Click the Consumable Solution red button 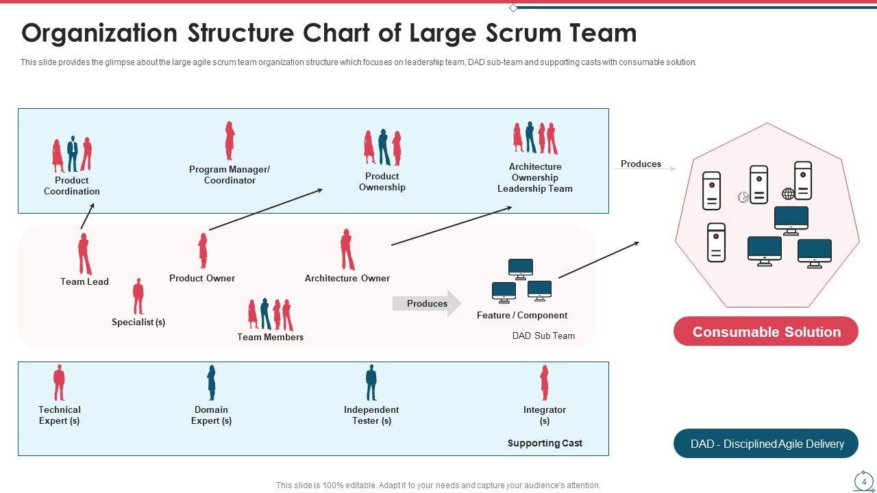(x=766, y=331)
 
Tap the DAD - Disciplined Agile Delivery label (x=766, y=444)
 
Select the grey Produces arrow (x=427, y=303)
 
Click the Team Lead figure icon (x=84, y=253)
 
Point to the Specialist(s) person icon (x=138, y=296)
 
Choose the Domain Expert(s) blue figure (x=212, y=383)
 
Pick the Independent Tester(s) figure (x=371, y=383)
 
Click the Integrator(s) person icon (x=545, y=383)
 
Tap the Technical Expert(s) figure (x=60, y=383)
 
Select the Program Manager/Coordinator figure (x=230, y=141)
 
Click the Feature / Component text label (x=522, y=316)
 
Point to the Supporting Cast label (x=545, y=443)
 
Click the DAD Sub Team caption (x=543, y=336)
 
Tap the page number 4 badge (x=864, y=481)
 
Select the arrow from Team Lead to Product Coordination (x=87, y=216)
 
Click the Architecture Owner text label (x=347, y=278)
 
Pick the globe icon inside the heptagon (x=789, y=194)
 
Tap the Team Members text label (x=270, y=337)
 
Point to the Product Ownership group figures (x=382, y=147)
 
